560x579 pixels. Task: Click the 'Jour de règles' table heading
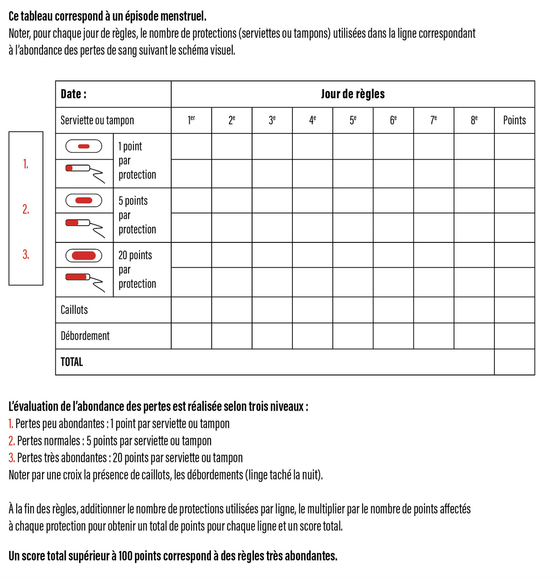tap(353, 94)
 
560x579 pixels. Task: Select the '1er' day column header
tap(191, 120)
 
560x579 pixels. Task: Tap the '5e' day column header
tap(353, 120)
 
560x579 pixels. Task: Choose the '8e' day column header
tap(474, 120)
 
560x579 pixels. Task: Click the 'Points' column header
tap(514, 120)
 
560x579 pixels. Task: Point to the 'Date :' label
tap(73, 94)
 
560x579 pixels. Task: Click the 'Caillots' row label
tap(74, 310)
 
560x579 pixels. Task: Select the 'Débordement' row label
tap(85, 336)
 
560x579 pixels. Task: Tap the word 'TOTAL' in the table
tap(72, 362)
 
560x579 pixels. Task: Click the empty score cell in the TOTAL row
tap(514, 362)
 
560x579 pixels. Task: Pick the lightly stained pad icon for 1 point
tap(84, 146)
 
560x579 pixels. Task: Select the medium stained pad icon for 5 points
tap(84, 200)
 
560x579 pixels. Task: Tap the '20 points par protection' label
tap(137, 270)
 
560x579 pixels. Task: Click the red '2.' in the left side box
tap(26, 209)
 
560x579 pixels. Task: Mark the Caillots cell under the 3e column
tap(272, 310)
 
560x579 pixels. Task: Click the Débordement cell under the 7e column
tap(433, 336)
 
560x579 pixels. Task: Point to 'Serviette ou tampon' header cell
tap(97, 120)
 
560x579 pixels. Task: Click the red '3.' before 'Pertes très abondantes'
tap(12, 458)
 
